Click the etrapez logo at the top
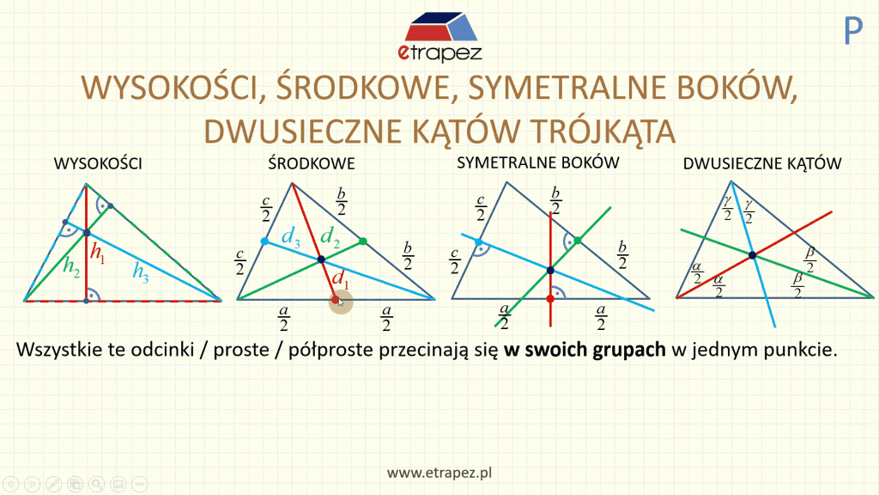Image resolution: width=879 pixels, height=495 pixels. click(x=439, y=36)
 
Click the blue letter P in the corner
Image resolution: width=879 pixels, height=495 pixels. click(x=852, y=31)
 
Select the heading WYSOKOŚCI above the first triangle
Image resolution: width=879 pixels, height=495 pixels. click(x=98, y=163)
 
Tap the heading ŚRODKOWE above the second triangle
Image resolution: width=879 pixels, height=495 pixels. click(x=311, y=162)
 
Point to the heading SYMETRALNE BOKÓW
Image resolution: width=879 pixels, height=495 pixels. click(x=537, y=162)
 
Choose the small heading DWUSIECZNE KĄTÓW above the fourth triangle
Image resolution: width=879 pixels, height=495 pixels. click(x=762, y=163)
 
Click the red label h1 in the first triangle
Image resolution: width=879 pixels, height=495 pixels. click(x=98, y=253)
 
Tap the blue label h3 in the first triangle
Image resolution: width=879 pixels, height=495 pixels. click(x=141, y=272)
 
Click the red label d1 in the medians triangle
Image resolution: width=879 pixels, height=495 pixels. click(x=340, y=278)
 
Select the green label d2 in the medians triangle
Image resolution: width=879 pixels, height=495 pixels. click(x=330, y=236)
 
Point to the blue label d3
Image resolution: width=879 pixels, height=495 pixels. click(x=291, y=237)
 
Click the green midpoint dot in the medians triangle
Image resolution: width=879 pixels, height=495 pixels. click(x=363, y=241)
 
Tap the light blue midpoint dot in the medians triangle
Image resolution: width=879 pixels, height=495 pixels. click(x=264, y=241)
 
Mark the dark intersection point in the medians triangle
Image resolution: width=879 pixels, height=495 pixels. click(x=321, y=260)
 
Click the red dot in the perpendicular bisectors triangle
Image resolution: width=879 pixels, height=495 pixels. click(x=550, y=298)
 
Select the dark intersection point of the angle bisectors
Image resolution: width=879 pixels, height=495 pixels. click(x=752, y=255)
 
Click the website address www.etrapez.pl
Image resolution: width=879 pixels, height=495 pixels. click(x=439, y=473)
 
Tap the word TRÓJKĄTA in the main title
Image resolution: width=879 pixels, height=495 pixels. click(x=603, y=131)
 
